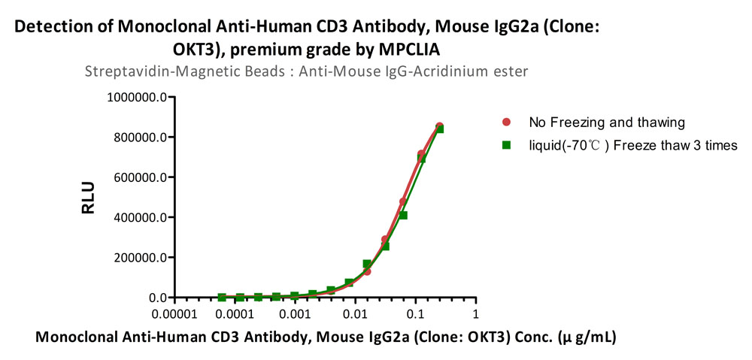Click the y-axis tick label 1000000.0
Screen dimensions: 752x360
pos(138,97)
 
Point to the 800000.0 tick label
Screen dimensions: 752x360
pos(141,138)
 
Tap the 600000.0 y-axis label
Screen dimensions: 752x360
pos(141,177)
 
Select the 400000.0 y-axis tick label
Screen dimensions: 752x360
pos(141,218)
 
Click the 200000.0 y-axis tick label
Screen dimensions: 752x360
pos(141,258)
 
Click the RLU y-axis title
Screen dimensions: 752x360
pos(88,198)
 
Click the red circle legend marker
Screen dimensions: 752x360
pos(505,123)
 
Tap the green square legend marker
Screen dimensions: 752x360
pos(505,145)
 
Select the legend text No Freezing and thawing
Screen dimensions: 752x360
pos(606,123)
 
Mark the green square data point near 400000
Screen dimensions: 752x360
pos(403,215)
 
